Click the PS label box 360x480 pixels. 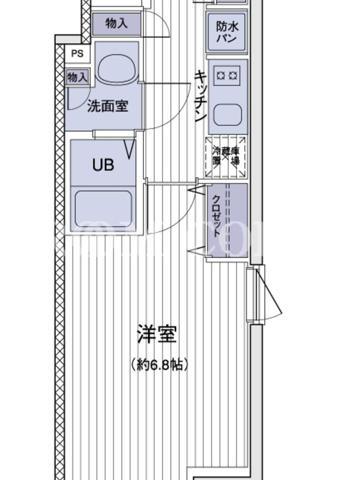(77, 53)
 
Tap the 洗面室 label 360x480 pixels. (107, 107)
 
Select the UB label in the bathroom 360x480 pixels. (103, 166)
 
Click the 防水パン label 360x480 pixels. (228, 31)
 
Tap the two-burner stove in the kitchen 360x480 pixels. (228, 74)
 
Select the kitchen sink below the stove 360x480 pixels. (228, 113)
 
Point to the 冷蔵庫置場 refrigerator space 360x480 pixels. (226, 157)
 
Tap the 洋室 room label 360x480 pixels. (157, 335)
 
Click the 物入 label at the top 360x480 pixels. (116, 23)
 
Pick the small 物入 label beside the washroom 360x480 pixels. (77, 77)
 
